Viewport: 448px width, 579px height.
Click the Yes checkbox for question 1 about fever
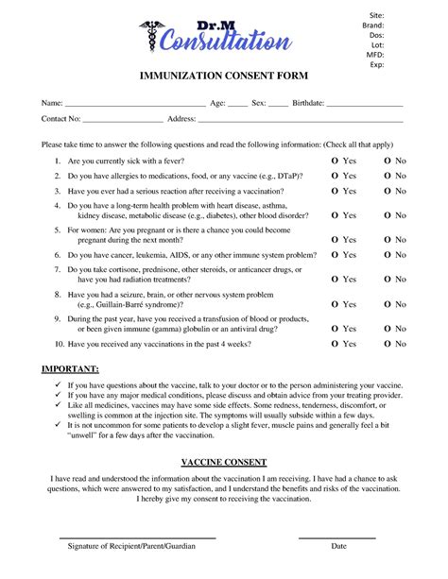click(334, 162)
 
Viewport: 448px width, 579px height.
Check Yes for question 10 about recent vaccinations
click(334, 344)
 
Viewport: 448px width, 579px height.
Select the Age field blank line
click(237, 104)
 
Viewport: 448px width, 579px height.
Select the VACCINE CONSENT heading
click(223, 463)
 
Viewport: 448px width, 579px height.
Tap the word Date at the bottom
click(338, 547)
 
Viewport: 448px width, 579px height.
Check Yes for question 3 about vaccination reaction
click(334, 190)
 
